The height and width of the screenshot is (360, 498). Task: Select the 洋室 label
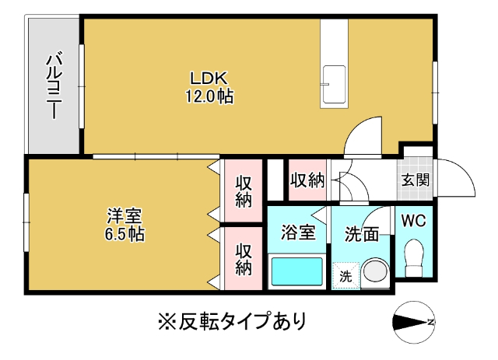124,215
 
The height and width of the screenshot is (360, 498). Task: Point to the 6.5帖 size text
124,233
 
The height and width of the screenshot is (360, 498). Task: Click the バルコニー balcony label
54,85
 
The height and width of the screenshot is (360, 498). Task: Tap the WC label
413,220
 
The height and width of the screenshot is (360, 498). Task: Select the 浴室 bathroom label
297,232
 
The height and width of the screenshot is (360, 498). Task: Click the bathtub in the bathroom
296,272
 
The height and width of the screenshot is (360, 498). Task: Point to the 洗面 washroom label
362,232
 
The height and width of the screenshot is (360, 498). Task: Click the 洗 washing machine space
345,274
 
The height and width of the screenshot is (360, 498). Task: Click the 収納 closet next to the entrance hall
307,180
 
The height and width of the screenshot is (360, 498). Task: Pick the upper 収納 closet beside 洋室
244,191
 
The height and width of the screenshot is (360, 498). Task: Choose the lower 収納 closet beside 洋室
244,259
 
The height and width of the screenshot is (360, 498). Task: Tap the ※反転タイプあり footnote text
231,320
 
